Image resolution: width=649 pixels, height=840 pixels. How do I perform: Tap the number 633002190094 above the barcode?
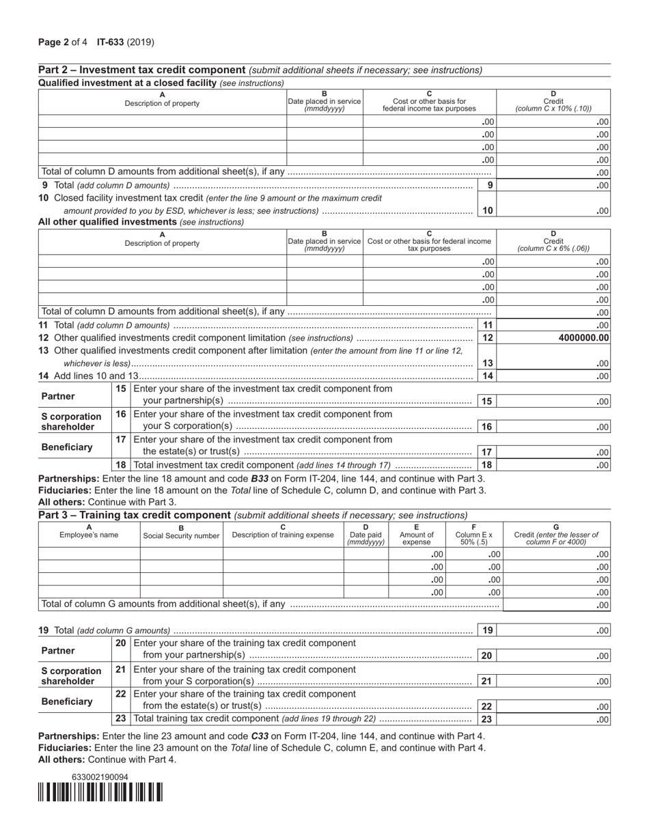click(100, 777)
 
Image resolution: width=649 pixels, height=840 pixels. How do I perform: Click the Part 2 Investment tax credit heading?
click(142, 70)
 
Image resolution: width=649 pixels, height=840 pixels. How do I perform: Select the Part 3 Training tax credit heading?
click(135, 515)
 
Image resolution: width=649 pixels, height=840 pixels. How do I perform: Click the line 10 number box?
click(486, 210)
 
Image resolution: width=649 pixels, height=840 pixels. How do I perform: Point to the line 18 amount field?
click(554, 465)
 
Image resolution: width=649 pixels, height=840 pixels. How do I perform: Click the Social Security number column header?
click(181, 535)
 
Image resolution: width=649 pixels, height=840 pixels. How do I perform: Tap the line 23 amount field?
click(554, 719)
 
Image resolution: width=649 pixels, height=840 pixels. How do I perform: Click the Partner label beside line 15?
click(58, 396)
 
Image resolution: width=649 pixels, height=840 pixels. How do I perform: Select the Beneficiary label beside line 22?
click(66, 701)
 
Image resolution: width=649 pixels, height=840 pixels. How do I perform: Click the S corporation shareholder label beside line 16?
click(71, 421)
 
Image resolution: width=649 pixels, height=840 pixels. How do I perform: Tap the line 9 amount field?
click(554, 185)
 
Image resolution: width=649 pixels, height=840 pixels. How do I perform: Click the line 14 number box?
click(486, 376)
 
